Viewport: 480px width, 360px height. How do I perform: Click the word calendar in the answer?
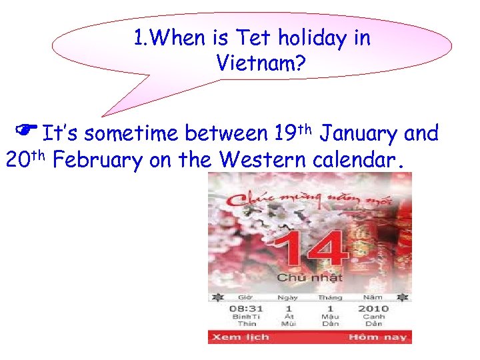point(358,161)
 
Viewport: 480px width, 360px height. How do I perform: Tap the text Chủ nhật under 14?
point(310,277)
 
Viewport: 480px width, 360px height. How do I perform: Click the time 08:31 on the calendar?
point(246,308)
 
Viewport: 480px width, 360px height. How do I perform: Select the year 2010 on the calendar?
point(373,308)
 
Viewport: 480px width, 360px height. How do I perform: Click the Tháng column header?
point(330,297)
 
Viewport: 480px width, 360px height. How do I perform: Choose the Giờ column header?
point(246,297)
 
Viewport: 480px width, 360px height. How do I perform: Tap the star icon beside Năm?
point(402,297)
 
